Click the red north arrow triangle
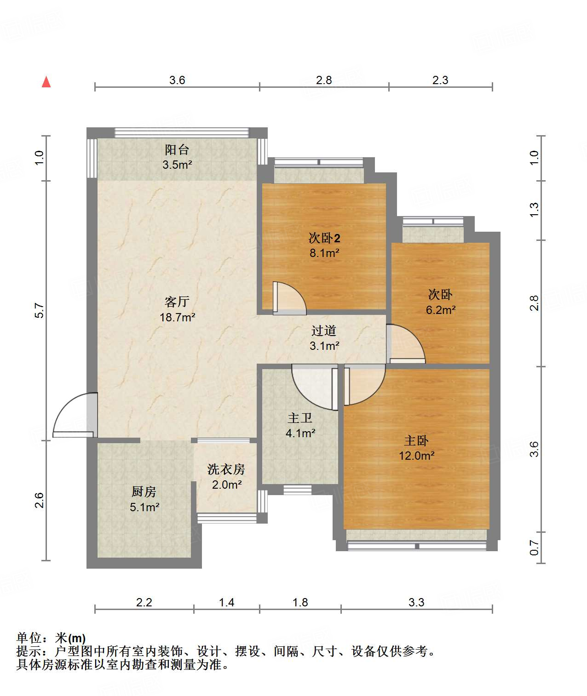click(46, 82)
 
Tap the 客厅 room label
click(177, 302)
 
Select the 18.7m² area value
click(177, 317)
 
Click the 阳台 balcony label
click(177, 150)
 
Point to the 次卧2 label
click(324, 238)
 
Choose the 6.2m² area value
click(441, 310)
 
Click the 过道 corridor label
click(324, 331)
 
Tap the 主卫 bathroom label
click(300, 418)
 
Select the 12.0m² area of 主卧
click(417, 456)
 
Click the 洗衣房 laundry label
click(226, 469)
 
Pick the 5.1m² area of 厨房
click(144, 508)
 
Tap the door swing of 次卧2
click(289, 298)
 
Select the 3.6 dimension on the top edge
click(177, 80)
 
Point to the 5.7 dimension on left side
click(40, 311)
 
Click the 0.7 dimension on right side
click(534, 548)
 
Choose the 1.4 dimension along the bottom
click(226, 602)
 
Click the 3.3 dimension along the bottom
click(417, 602)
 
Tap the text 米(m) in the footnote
click(70, 638)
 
